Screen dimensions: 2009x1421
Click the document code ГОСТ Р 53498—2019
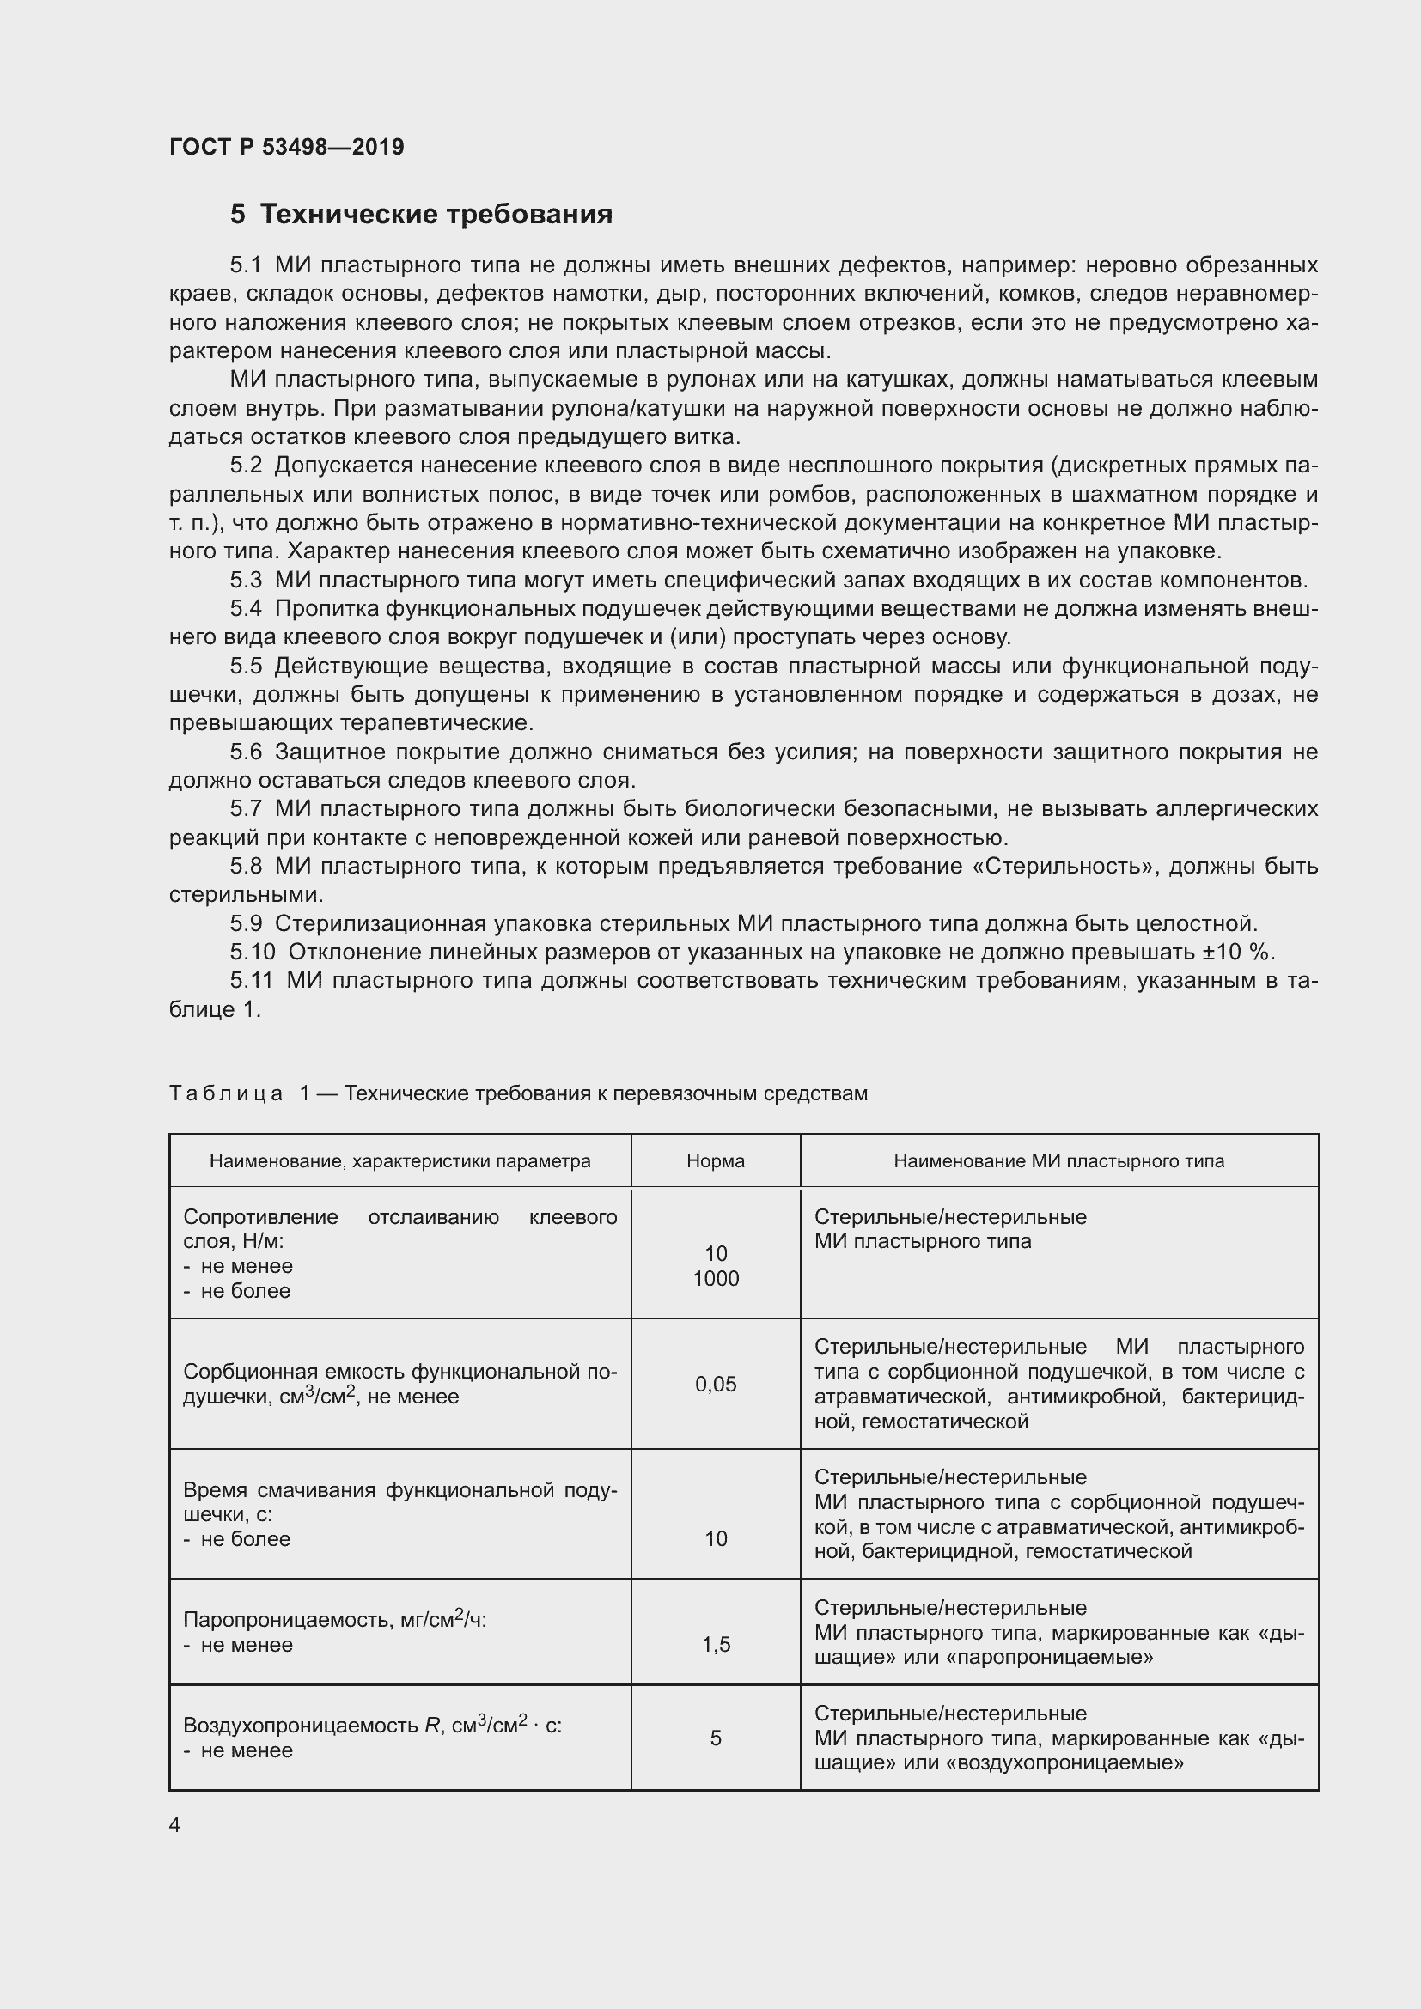pyautogui.click(x=286, y=147)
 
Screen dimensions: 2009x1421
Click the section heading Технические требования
pyautogui.click(x=436, y=215)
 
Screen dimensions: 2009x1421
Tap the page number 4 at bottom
pyautogui.click(x=175, y=1824)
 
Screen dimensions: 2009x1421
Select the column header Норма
pyautogui.click(x=715, y=1161)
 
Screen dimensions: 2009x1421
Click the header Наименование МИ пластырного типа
pyautogui.click(x=1058, y=1161)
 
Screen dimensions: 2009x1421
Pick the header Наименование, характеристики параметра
pyautogui.click(x=399, y=1161)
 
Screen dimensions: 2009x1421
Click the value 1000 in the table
pyautogui.click(x=716, y=1278)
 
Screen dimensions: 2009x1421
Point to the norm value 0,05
pyautogui.click(x=716, y=1385)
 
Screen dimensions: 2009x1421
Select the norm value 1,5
pyautogui.click(x=716, y=1645)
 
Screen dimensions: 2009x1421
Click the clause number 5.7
pyautogui.click(x=246, y=808)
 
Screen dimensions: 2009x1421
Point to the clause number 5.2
pyautogui.click(x=246, y=465)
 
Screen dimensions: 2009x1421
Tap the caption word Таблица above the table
pyautogui.click(x=226, y=1093)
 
